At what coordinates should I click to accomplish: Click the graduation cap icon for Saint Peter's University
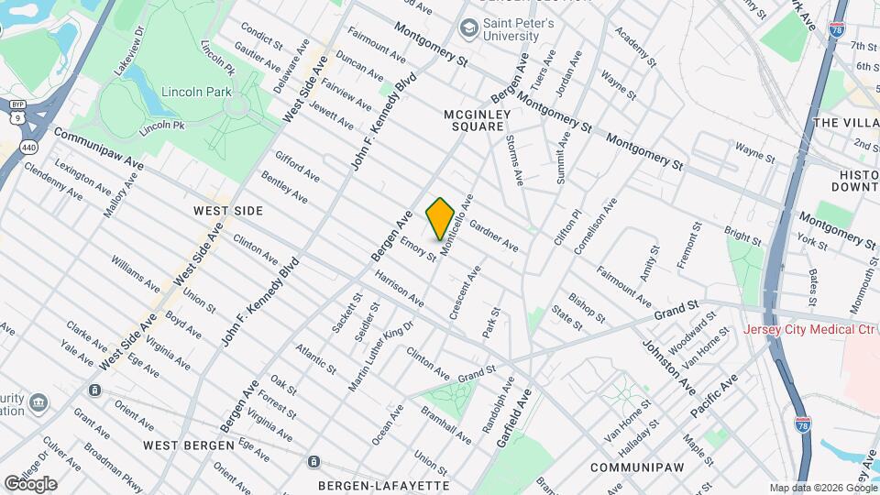(x=469, y=28)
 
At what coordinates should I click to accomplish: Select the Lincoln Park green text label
(x=196, y=92)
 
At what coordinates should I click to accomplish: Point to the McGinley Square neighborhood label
(x=474, y=120)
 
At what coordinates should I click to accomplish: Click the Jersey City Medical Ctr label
(x=810, y=330)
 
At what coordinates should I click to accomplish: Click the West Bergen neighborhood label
(x=189, y=445)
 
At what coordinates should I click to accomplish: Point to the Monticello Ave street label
(x=456, y=225)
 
